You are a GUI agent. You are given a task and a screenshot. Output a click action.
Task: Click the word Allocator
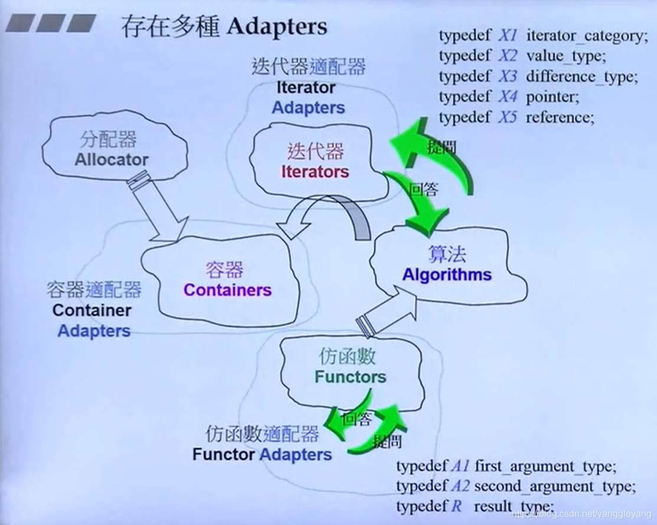click(x=112, y=159)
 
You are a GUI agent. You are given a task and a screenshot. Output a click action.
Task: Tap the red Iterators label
click(x=315, y=172)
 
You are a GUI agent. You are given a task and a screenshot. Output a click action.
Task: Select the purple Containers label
click(x=227, y=290)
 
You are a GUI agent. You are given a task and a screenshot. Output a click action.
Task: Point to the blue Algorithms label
click(x=447, y=275)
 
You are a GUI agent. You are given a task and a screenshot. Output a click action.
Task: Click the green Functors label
click(x=350, y=377)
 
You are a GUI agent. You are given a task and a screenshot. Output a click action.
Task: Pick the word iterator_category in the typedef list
click(x=583, y=36)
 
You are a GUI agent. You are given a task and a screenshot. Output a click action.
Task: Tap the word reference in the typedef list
click(x=560, y=117)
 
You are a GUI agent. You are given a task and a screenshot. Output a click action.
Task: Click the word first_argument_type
click(x=545, y=467)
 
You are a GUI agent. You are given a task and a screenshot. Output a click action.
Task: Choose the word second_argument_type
click(x=554, y=487)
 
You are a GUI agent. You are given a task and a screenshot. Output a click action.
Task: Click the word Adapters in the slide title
click(x=276, y=27)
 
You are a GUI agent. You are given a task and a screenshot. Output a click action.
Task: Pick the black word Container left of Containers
click(x=91, y=310)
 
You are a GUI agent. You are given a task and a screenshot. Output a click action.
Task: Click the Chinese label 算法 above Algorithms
click(x=447, y=254)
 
